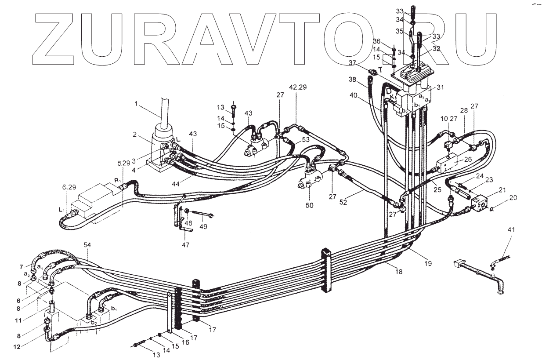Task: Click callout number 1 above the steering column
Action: [x=136, y=104]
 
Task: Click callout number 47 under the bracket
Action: [x=186, y=245]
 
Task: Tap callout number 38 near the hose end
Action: [x=352, y=80]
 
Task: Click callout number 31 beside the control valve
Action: [x=440, y=87]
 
